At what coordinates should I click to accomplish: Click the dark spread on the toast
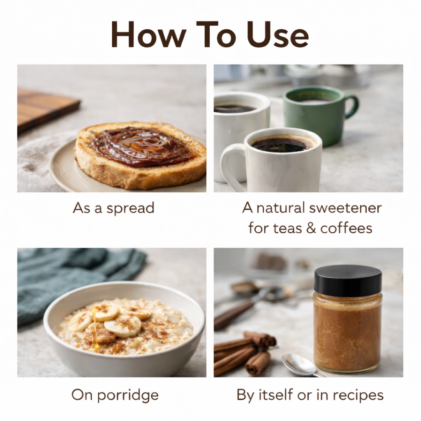pos(140,146)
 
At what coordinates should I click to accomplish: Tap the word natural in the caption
pos(280,208)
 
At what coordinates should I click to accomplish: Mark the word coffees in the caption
pos(346,228)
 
